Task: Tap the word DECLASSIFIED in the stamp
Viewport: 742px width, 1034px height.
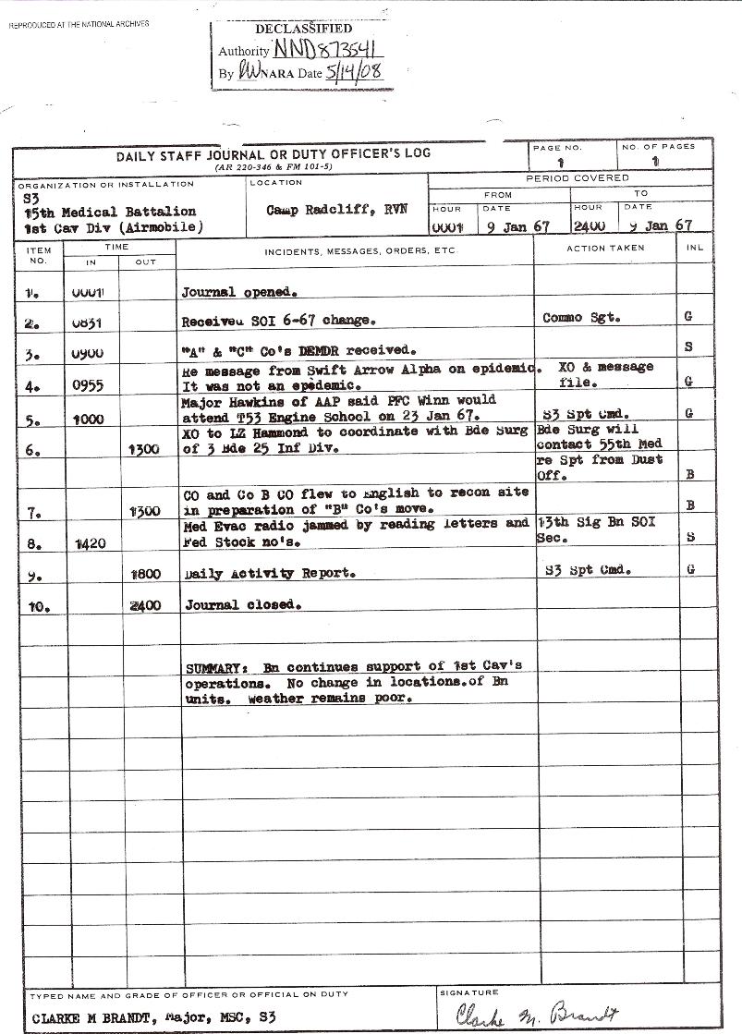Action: click(x=303, y=30)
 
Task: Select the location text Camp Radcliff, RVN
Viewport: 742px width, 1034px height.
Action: click(x=336, y=210)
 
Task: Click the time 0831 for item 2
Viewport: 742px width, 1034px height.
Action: click(x=88, y=323)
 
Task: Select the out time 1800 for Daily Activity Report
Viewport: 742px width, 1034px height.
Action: click(x=146, y=573)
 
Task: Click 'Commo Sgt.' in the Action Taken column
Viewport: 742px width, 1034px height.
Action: click(x=581, y=318)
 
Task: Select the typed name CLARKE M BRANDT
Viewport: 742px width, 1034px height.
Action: click(x=85, y=1017)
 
